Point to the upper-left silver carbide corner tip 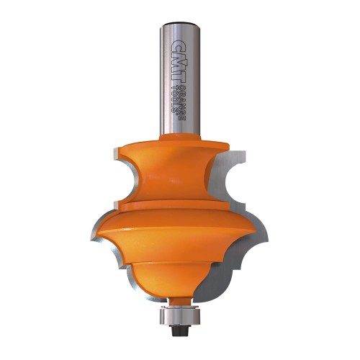point(114,152)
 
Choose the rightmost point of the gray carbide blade point(267,231)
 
